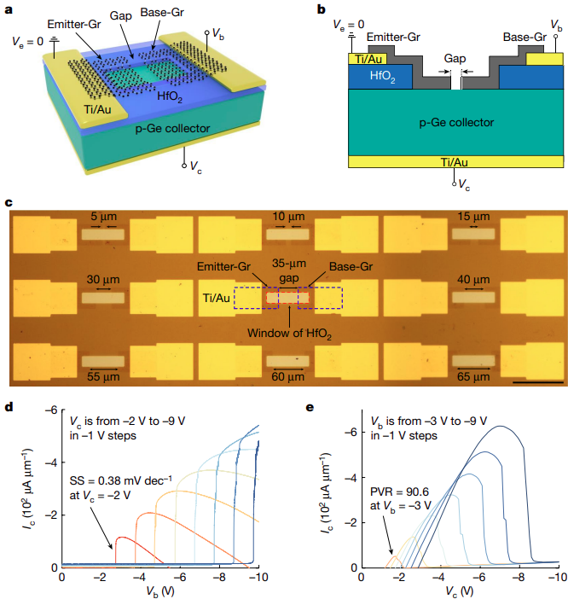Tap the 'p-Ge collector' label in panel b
[456, 123]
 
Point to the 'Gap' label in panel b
[456, 61]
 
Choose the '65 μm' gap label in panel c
[472, 375]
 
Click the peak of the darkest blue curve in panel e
[502, 426]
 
